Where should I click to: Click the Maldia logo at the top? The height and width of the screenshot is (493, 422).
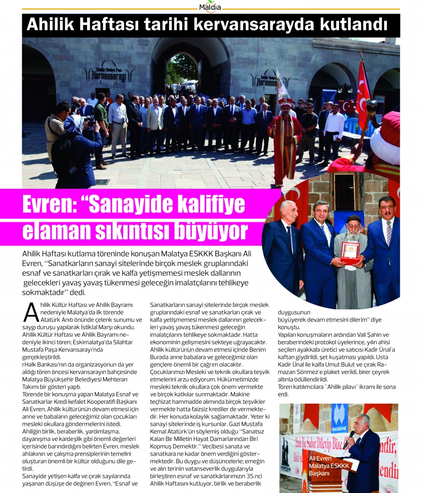click(x=211, y=7)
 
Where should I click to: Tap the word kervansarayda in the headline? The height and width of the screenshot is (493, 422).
click(x=263, y=25)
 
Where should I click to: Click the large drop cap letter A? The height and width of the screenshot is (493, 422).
click(x=31, y=312)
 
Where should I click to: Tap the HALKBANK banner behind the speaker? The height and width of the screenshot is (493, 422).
click(x=340, y=418)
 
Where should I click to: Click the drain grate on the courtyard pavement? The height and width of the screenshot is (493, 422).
click(x=102, y=181)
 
